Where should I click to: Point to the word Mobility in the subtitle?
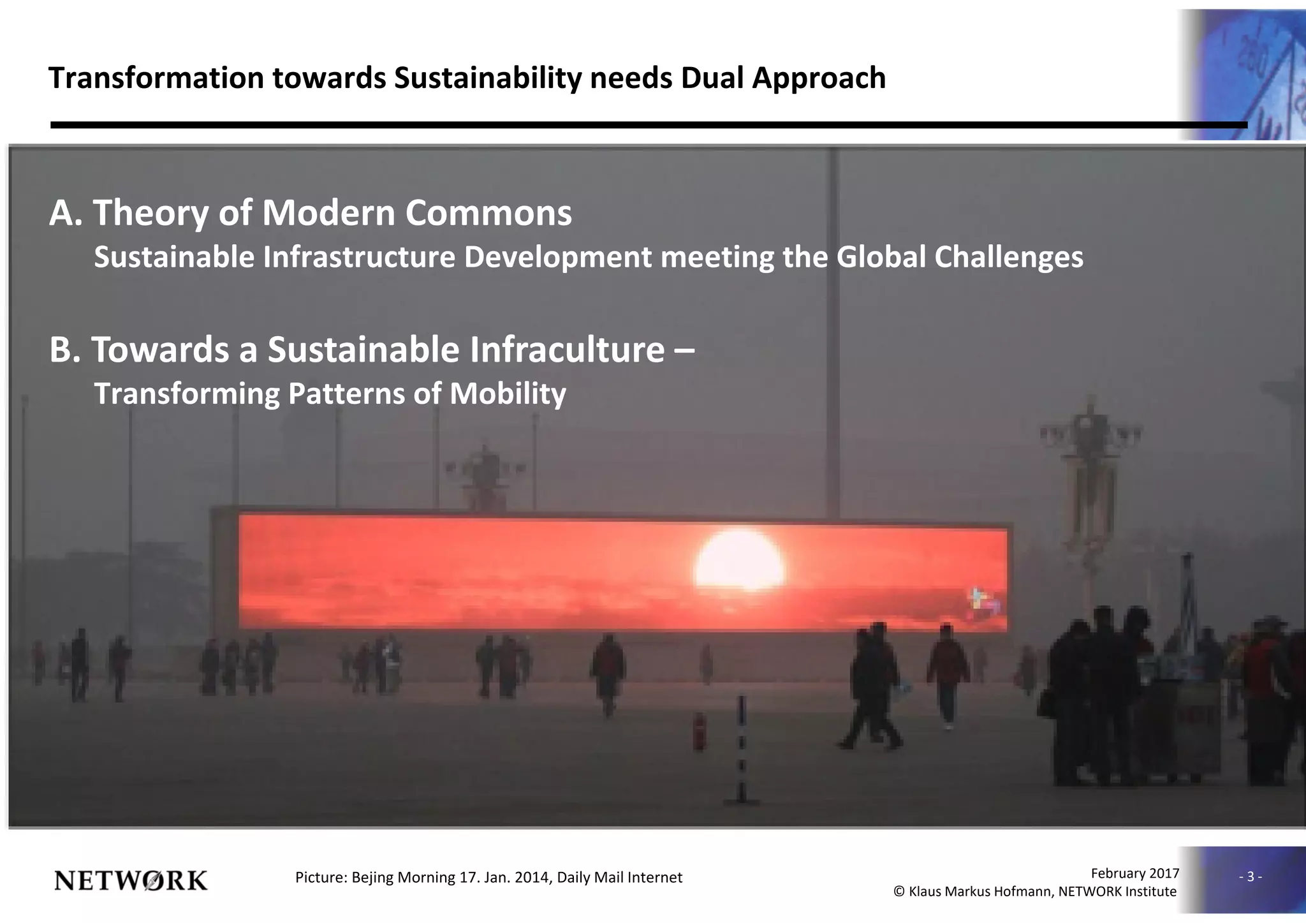pos(508,394)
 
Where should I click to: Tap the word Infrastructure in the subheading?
pos(360,257)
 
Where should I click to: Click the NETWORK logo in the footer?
pos(131,881)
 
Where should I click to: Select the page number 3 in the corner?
pos(1250,877)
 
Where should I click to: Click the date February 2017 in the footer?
pos(1134,873)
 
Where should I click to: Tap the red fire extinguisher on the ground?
pos(700,732)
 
